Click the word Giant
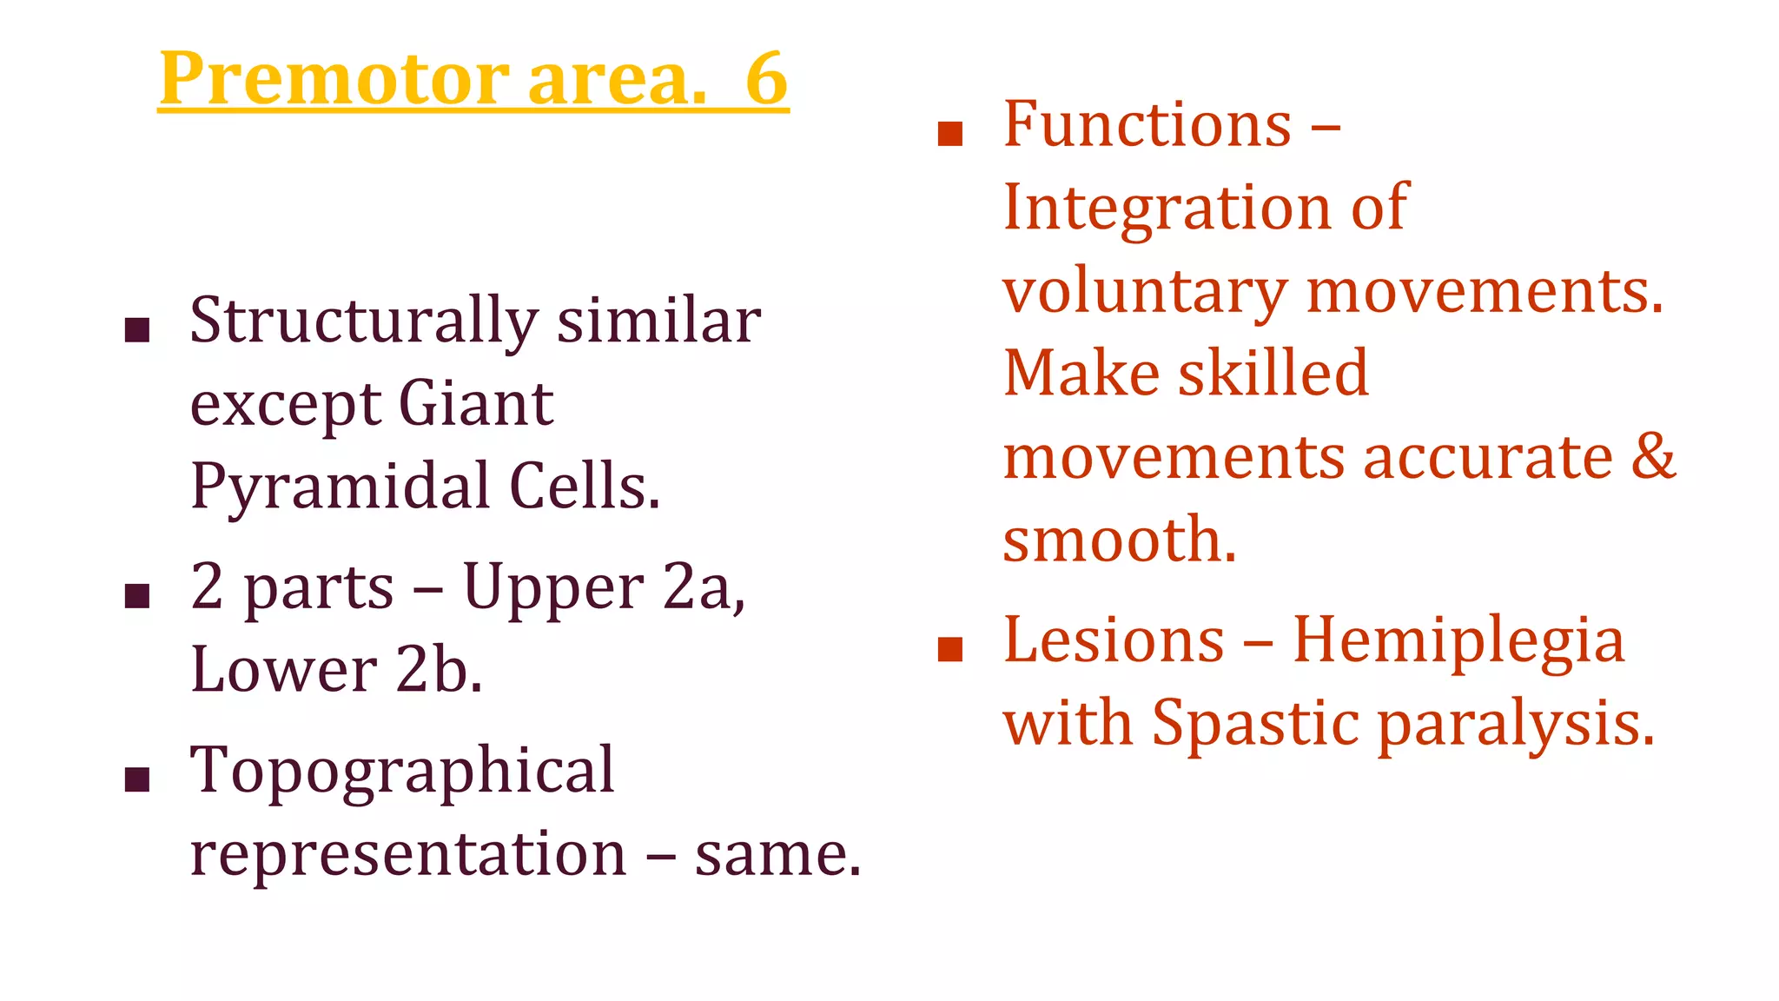(475, 405)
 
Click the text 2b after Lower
(439, 671)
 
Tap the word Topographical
(402, 772)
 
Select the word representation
(408, 855)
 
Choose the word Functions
(1147, 125)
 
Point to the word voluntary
(1145, 292)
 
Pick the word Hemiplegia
(1458, 641)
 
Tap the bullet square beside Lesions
(951, 649)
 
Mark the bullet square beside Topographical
(137, 779)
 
